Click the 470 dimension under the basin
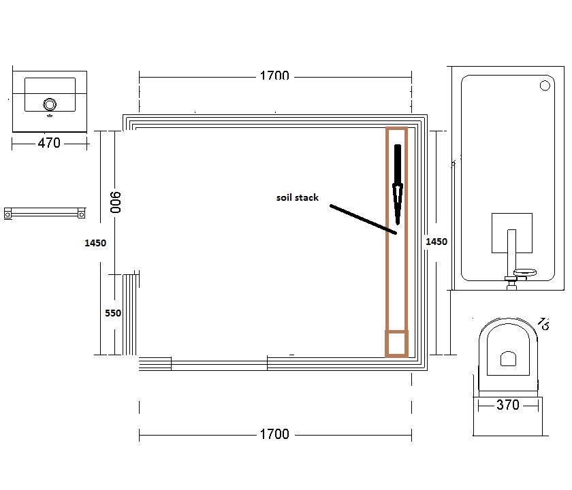tap(49, 143)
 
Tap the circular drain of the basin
tap(50, 104)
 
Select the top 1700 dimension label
tap(274, 76)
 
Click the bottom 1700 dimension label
tap(274, 434)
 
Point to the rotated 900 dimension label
tap(115, 202)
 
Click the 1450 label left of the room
tap(95, 243)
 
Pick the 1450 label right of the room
tap(436, 242)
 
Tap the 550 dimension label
tap(113, 313)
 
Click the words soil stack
tap(298, 197)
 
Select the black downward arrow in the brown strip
tap(398, 184)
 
